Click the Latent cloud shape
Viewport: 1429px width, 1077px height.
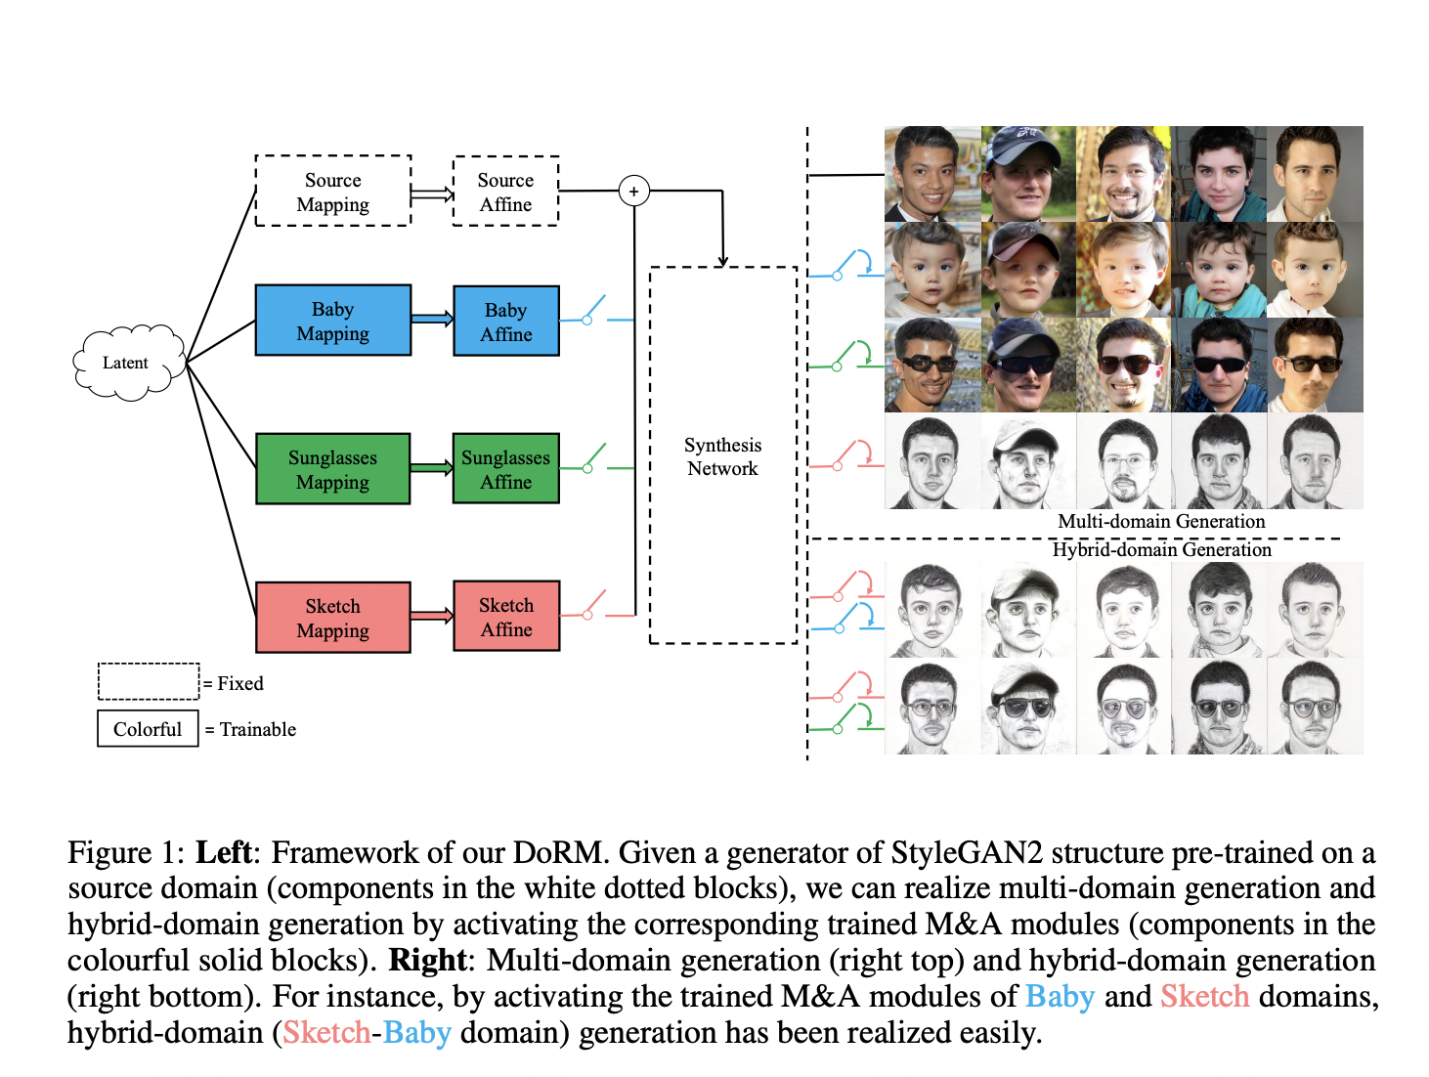[127, 363]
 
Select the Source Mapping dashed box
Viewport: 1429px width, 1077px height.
[332, 192]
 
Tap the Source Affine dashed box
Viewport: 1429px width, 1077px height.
[505, 192]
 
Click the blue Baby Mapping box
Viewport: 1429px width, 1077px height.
[332, 321]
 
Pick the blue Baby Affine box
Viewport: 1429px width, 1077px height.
[505, 321]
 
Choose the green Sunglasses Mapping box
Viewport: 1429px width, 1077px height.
[332, 469]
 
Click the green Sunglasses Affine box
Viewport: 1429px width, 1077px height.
[505, 469]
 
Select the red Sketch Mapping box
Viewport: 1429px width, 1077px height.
[332, 618]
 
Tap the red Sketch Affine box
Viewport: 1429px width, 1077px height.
[505, 617]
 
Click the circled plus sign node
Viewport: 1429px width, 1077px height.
[634, 191]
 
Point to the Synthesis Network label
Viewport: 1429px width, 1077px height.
[722, 456]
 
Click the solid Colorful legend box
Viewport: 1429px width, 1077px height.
[148, 729]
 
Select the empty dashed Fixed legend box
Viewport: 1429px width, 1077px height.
[148, 681]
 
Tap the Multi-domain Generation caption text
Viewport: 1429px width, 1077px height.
[1161, 522]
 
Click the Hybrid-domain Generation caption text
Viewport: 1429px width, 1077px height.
[1161, 550]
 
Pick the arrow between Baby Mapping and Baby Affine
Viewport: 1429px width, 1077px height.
[432, 319]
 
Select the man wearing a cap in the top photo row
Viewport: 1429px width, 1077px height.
[1027, 173]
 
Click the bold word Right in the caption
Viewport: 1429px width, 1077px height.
[427, 961]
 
